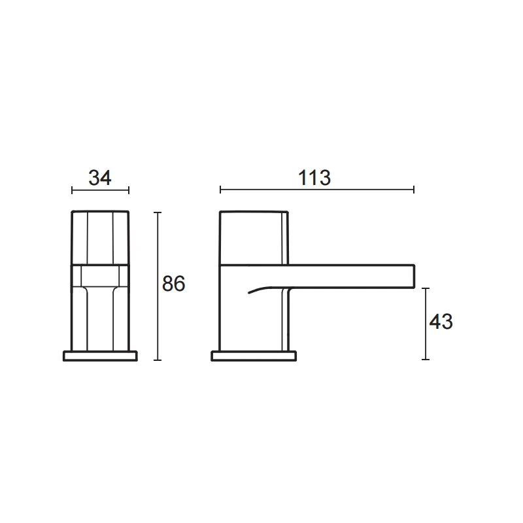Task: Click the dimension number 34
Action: [x=100, y=177]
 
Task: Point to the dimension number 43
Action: [x=441, y=322]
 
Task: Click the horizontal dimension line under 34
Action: [x=100, y=190]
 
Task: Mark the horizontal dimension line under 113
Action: [x=316, y=190]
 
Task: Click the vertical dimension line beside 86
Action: [x=158, y=286]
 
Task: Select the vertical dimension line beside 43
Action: [x=426, y=324]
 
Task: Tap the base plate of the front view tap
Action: [x=100, y=356]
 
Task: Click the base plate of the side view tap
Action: [x=254, y=356]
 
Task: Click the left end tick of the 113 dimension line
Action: [x=221, y=190]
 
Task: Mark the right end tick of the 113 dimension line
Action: [x=413, y=190]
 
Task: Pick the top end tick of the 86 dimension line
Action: [x=158, y=212]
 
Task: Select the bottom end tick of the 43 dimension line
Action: [x=426, y=360]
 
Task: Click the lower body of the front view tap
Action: [x=100, y=314]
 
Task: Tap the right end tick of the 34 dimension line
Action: [x=129, y=190]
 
